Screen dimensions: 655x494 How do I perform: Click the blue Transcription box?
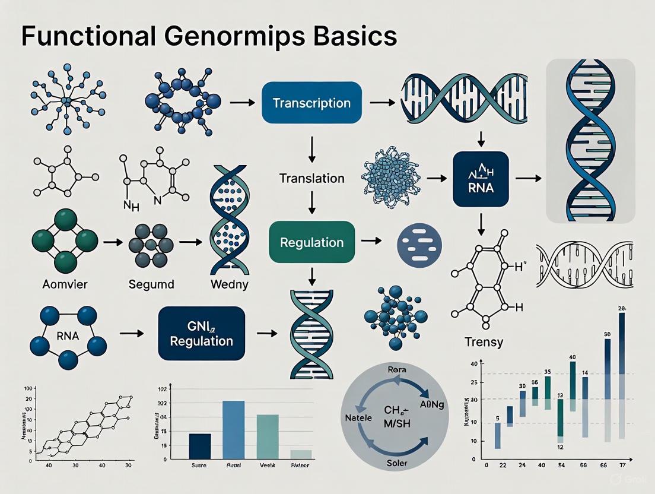(311, 103)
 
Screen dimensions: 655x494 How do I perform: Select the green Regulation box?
(311, 242)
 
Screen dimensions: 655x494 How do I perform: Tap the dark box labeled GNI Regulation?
(201, 333)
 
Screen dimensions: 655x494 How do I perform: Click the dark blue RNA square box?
(481, 179)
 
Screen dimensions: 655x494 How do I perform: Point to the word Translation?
(311, 178)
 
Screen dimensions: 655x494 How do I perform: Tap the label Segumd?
(151, 284)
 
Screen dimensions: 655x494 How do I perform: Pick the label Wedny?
(230, 284)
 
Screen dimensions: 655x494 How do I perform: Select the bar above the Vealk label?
(267, 436)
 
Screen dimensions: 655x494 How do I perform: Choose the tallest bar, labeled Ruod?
(233, 430)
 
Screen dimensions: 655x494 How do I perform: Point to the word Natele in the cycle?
(358, 417)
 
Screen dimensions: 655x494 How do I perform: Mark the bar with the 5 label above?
(497, 435)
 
